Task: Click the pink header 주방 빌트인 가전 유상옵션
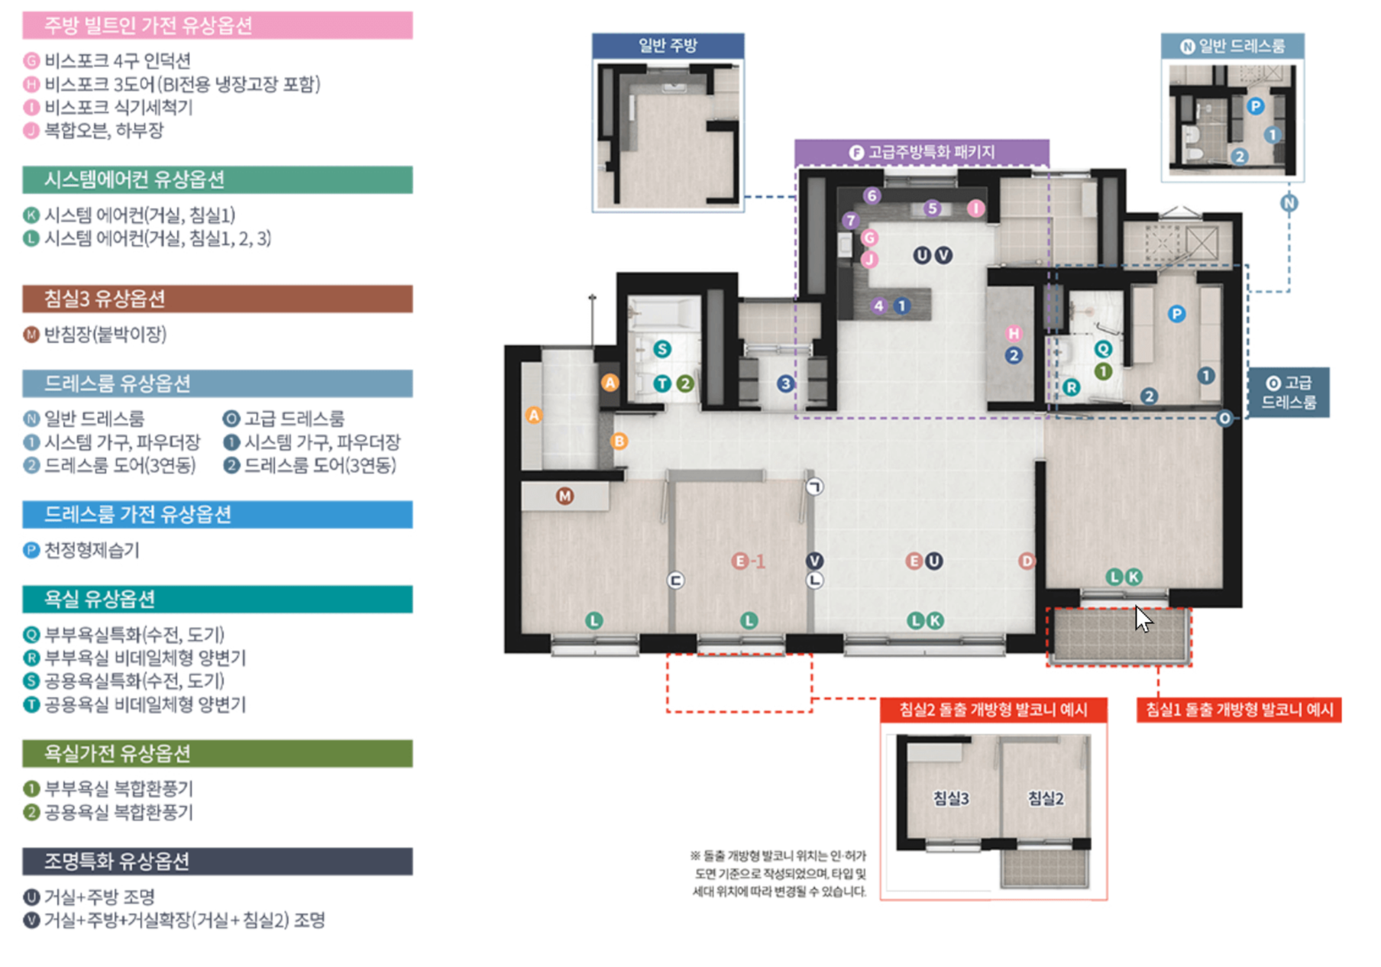217,25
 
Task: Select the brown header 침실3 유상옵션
217,299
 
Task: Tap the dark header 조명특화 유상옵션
217,861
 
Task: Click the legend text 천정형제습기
92,550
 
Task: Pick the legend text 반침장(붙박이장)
105,334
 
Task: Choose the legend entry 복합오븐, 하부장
104,130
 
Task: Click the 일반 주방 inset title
668,45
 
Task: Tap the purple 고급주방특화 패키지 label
922,152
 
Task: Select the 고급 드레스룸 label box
1289,392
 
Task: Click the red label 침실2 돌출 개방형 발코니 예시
993,710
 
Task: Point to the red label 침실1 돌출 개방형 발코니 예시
1239,710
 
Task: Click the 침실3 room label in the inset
951,798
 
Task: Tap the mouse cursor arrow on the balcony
1142,618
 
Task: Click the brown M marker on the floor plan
564,496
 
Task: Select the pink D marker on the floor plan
1027,561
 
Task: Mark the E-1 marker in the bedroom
748,561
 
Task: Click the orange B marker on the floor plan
619,441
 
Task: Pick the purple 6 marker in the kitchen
872,196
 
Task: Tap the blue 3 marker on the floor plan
785,383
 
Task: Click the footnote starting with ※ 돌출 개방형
778,873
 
